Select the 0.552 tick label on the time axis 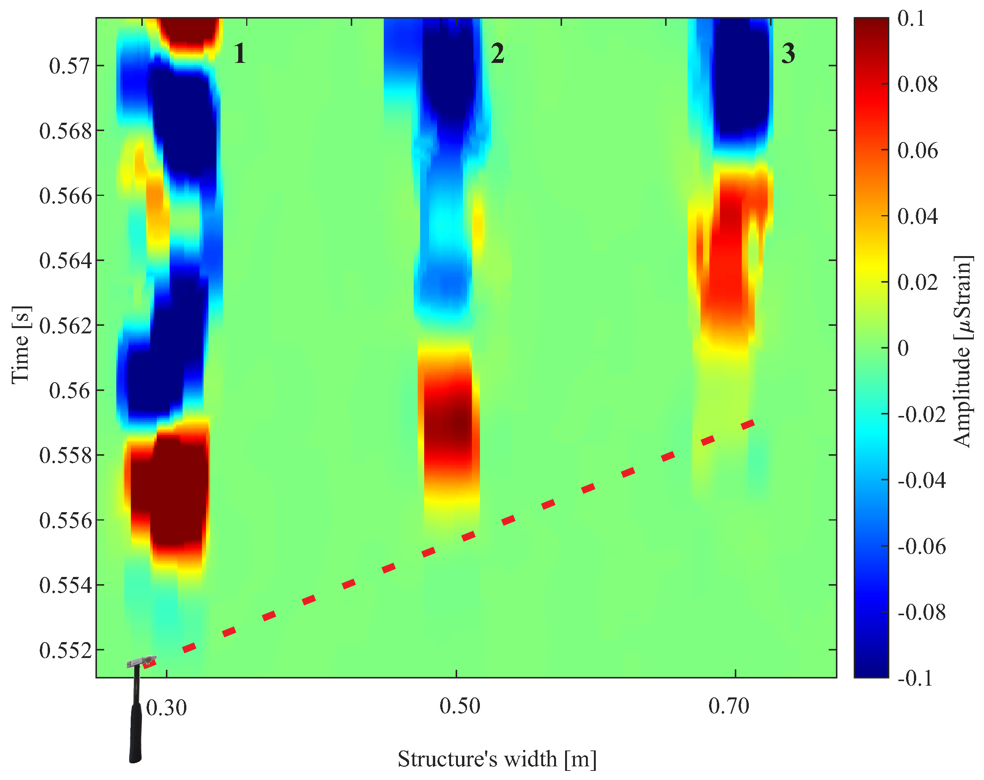click(x=65, y=651)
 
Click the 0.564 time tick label click(x=65, y=261)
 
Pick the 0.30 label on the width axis click(x=167, y=708)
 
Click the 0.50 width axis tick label click(x=459, y=706)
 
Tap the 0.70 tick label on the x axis click(x=729, y=706)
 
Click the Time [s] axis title click(x=21, y=345)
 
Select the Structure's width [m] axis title click(x=497, y=760)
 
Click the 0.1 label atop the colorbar click(x=911, y=19)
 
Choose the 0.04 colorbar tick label click(x=917, y=216)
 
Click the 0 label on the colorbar click(x=903, y=349)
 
